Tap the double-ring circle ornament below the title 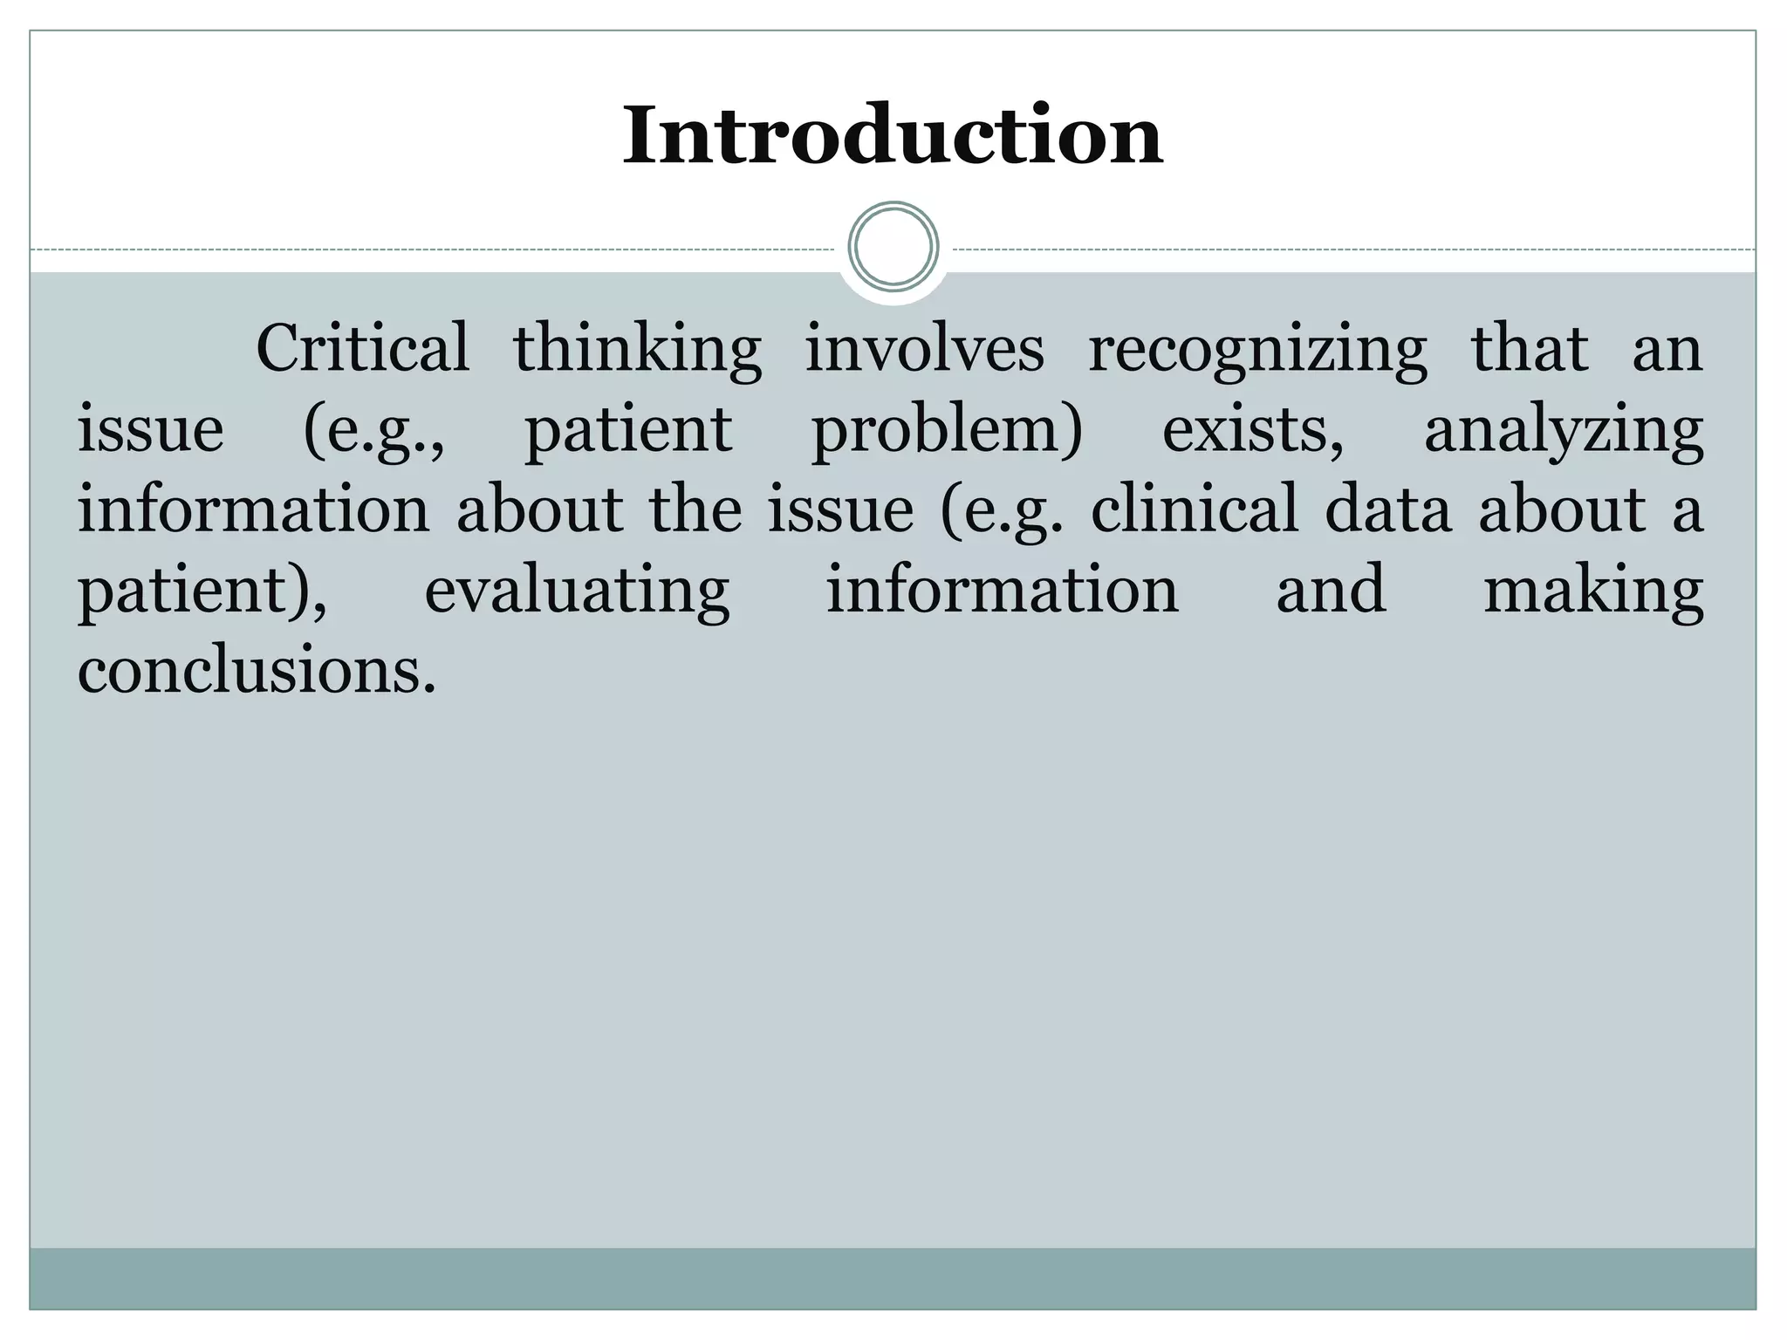pyautogui.click(x=893, y=246)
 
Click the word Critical pyautogui.click(x=363, y=349)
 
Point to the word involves pyautogui.click(x=924, y=349)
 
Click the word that pyautogui.click(x=1530, y=349)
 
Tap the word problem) pyautogui.click(x=947, y=431)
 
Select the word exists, pyautogui.click(x=1253, y=429)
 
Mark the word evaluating pyautogui.click(x=577, y=591)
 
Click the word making pyautogui.click(x=1593, y=591)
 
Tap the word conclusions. pyautogui.click(x=257, y=671)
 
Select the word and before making pyautogui.click(x=1332, y=590)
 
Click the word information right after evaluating pyautogui.click(x=1003, y=590)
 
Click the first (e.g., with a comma pyautogui.click(x=374, y=431)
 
